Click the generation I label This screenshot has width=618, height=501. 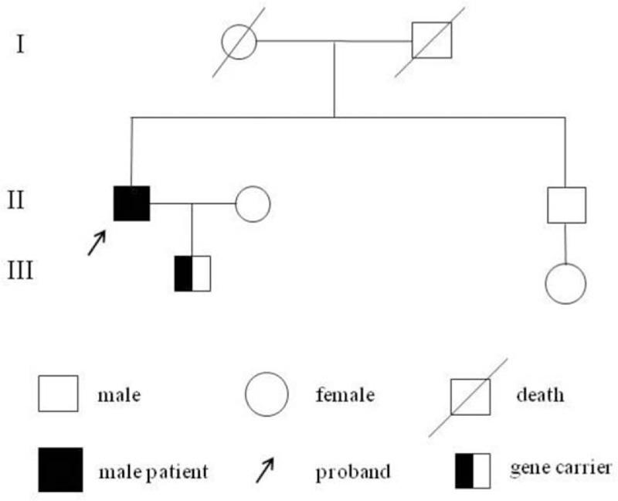(21, 43)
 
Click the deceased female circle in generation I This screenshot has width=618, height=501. (239, 40)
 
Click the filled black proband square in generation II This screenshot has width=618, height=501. (132, 204)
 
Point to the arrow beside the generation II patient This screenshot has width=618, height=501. (97, 243)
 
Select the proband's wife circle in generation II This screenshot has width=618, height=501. (253, 204)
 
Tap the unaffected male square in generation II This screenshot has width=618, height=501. (566, 205)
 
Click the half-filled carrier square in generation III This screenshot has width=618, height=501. (192, 273)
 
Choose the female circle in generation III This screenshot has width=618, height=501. (565, 283)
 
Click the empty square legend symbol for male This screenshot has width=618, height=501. (58, 394)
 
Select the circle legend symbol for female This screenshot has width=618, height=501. (267, 394)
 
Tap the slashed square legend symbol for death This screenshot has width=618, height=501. (470, 394)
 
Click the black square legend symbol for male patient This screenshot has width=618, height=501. (60, 469)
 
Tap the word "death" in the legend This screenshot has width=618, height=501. (540, 396)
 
